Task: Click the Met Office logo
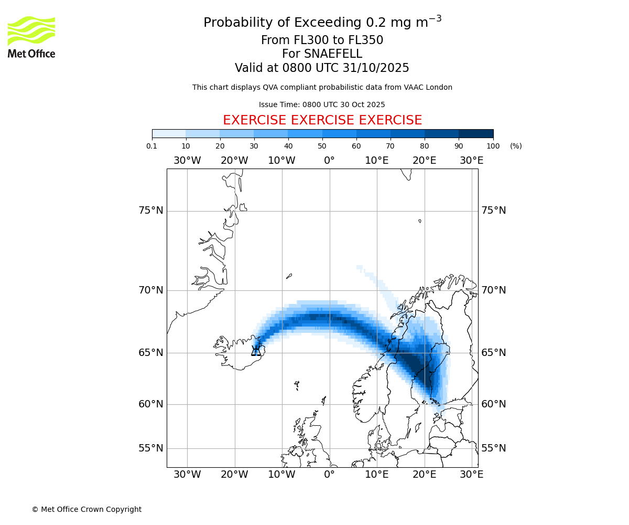click(31, 37)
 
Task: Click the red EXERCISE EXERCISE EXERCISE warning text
click(322, 120)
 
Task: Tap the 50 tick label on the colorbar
click(322, 146)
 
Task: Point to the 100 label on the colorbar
click(493, 146)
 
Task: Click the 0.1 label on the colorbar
click(152, 146)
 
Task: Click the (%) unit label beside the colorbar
click(516, 146)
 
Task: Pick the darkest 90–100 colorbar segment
click(476, 133)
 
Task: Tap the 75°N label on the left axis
click(151, 211)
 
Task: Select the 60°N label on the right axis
click(494, 404)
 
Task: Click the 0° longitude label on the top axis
click(329, 161)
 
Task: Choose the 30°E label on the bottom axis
click(472, 475)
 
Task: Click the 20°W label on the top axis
click(234, 161)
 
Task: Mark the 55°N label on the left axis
click(151, 448)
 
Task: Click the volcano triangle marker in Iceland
click(256, 351)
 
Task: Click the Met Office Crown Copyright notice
click(86, 509)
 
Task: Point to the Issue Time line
click(322, 104)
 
